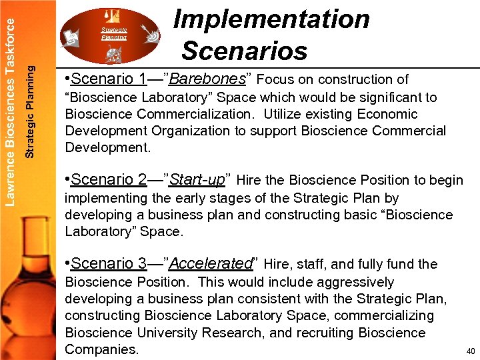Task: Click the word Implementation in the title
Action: tap(271, 19)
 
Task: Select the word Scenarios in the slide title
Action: tap(244, 51)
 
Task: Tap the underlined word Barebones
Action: tap(208, 79)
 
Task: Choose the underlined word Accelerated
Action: tap(211, 264)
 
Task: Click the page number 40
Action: tap(470, 351)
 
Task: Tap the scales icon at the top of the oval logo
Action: tap(112, 14)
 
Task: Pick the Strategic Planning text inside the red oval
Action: tap(113, 34)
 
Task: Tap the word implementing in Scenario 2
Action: tap(105, 198)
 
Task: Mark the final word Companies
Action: tap(102, 349)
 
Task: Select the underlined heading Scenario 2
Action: tap(108, 180)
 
